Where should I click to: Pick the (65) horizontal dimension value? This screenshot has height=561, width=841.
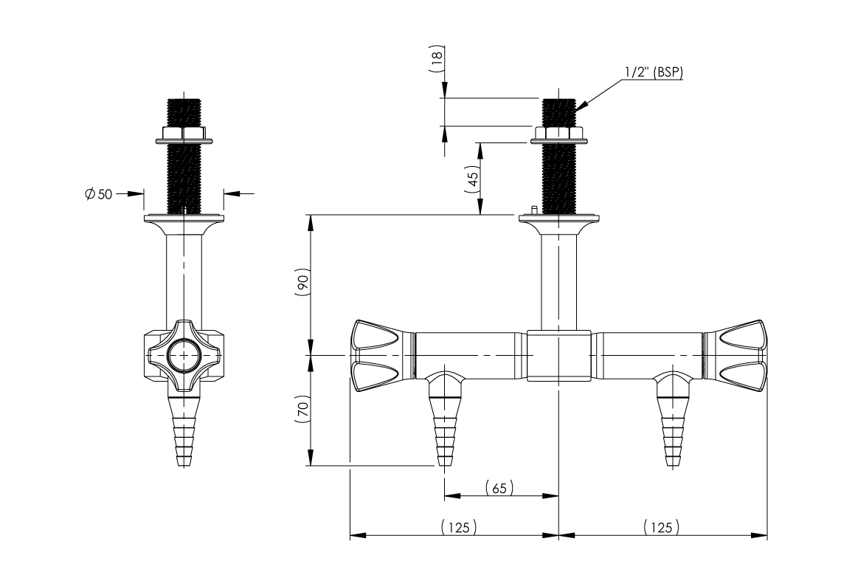point(499,487)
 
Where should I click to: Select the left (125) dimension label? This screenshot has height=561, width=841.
point(458,526)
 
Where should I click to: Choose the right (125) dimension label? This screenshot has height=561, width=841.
point(661,526)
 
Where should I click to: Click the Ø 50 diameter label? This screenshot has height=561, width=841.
point(97,194)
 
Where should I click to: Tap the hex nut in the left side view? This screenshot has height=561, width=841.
point(183,134)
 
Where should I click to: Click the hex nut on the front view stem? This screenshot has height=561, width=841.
point(558,134)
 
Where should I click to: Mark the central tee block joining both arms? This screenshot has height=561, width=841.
point(558,356)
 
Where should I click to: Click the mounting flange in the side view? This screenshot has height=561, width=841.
point(183,218)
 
